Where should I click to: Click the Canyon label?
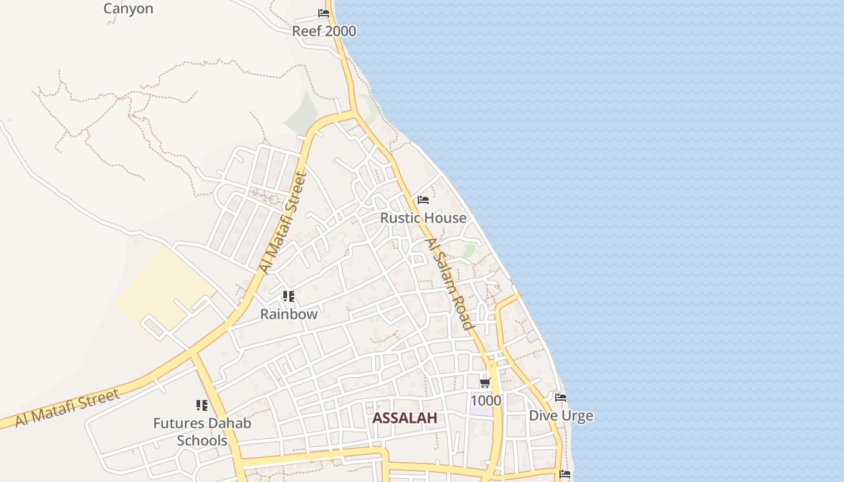click(x=128, y=8)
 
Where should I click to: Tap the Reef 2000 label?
click(x=324, y=31)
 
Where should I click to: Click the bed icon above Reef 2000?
click(x=324, y=13)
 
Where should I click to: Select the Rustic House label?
click(x=423, y=218)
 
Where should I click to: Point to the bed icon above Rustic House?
click(x=423, y=200)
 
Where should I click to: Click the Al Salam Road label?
click(x=450, y=284)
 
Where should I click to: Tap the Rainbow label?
click(x=289, y=314)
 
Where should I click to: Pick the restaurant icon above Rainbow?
click(x=289, y=296)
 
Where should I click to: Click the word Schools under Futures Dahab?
click(x=202, y=440)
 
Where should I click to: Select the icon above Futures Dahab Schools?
click(x=201, y=405)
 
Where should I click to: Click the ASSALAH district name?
click(x=405, y=418)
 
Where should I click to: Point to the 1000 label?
click(x=485, y=401)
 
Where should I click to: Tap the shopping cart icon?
click(x=485, y=383)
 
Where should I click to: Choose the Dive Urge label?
click(x=561, y=416)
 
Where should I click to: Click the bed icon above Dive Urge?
click(x=561, y=398)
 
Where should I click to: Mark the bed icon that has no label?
click(x=565, y=474)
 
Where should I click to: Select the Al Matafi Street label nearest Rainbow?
click(x=283, y=224)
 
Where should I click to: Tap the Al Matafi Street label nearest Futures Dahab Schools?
click(x=67, y=408)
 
